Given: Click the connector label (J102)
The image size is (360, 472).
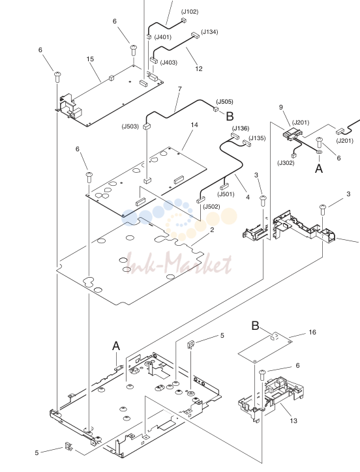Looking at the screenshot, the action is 190,12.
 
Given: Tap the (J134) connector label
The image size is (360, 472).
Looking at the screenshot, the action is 209,32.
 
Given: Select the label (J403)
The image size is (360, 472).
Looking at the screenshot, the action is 169,63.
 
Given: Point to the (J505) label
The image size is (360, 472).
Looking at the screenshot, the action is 225,102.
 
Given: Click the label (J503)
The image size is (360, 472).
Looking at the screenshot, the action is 130,126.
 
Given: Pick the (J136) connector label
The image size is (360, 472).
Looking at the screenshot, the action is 241,128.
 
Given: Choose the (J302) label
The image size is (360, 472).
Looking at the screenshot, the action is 286,163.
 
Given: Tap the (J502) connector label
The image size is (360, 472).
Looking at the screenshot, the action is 211,207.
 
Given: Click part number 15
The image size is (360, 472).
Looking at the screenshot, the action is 90,59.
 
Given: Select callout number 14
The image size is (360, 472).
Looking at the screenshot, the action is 194,125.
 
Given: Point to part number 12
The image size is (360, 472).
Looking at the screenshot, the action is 199,69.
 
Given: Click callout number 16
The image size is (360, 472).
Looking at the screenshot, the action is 312,332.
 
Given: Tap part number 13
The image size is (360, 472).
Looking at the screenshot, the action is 293,421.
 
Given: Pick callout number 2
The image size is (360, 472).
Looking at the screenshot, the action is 212,230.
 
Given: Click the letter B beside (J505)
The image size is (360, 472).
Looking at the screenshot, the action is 230,117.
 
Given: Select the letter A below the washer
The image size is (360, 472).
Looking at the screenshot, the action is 319,169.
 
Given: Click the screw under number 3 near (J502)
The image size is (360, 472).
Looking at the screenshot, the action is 263,201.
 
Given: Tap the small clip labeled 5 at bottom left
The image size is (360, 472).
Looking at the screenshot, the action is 69,446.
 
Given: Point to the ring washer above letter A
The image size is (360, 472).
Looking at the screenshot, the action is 320,153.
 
